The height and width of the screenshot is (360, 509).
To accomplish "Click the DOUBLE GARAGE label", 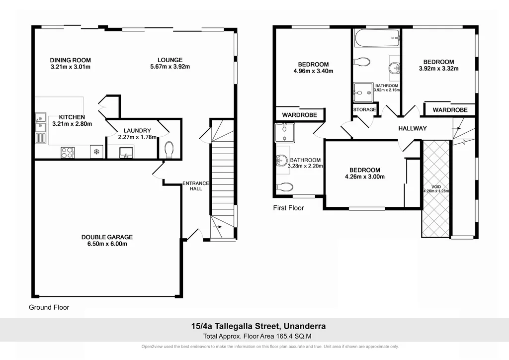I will (107, 237).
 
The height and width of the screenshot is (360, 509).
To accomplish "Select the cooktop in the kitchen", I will (67, 153).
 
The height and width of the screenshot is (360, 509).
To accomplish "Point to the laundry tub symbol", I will (126, 152).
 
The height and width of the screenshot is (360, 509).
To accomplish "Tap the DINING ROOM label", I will (71, 60).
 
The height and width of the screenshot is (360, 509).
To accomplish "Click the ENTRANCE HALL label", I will (196, 186).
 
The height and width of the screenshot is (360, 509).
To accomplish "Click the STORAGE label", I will (364, 109).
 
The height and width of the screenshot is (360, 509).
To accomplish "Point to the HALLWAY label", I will (412, 128).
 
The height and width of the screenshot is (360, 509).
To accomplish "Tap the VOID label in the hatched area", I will (435, 186).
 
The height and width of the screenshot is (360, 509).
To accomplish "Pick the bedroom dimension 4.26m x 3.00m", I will (365, 177).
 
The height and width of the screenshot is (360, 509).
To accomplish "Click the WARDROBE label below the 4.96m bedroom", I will (299, 115).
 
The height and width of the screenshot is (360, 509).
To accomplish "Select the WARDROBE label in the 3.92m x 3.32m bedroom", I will (449, 110).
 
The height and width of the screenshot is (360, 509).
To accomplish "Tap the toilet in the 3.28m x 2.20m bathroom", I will (285, 187).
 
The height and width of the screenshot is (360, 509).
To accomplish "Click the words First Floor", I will (288, 208).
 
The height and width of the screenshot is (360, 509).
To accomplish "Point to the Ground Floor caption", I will (49, 307).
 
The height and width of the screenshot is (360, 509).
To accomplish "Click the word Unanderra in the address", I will (305, 327).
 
